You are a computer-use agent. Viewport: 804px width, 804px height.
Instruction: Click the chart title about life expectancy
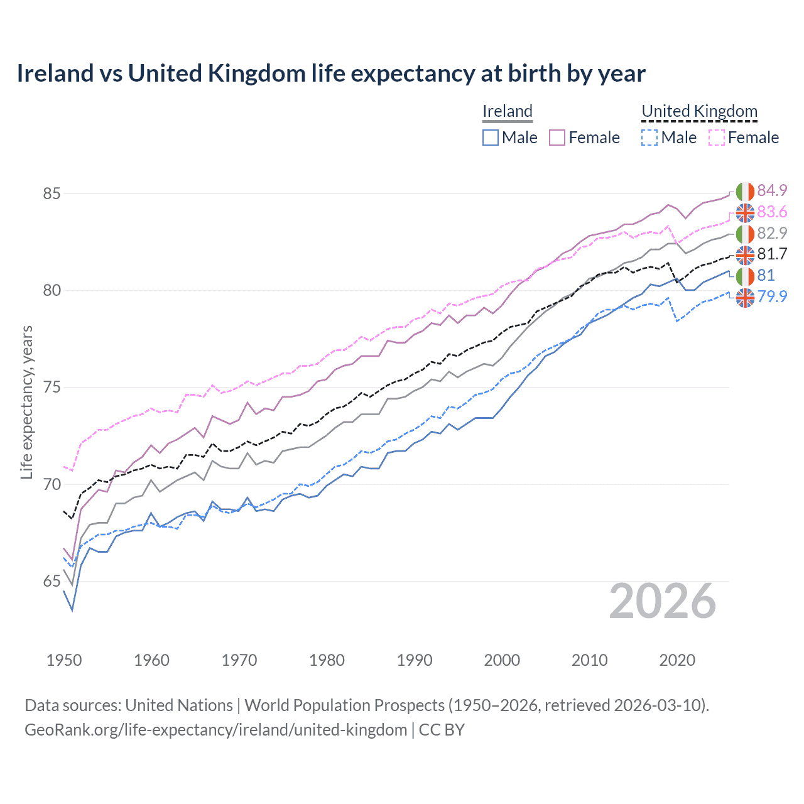click(x=331, y=73)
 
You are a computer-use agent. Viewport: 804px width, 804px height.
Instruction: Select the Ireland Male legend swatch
click(x=491, y=138)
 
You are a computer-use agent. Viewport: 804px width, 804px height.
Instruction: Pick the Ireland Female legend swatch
click(x=557, y=138)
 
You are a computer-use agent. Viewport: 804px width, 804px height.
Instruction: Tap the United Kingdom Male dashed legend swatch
click(x=649, y=138)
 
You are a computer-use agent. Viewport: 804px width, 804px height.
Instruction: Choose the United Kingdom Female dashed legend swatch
click(x=717, y=138)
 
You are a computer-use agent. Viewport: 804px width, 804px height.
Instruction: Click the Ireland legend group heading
click(x=508, y=112)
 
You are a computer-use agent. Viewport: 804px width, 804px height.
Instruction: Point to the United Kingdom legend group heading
click(x=699, y=112)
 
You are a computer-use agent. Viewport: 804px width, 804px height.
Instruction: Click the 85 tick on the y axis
click(x=52, y=193)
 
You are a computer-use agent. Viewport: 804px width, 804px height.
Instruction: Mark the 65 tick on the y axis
click(x=52, y=582)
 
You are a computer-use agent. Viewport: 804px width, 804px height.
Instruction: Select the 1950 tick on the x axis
click(x=64, y=660)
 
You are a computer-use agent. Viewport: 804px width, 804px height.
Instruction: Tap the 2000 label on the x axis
click(x=502, y=660)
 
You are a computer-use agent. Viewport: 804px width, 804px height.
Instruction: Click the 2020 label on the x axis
click(x=677, y=660)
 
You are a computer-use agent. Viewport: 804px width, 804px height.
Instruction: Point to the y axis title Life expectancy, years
click(x=26, y=402)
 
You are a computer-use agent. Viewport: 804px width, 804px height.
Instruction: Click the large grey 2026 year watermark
click(x=663, y=602)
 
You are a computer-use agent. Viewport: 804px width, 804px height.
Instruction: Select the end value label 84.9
click(x=772, y=190)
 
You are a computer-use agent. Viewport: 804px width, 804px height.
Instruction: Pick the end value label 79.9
click(x=772, y=296)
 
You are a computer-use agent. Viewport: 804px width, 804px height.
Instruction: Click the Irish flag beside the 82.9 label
click(x=745, y=234)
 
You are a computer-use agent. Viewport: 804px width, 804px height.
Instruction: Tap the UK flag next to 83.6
click(x=745, y=213)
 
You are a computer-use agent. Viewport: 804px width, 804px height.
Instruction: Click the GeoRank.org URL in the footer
click(x=216, y=730)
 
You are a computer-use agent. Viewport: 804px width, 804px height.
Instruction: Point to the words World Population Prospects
click(x=344, y=705)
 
